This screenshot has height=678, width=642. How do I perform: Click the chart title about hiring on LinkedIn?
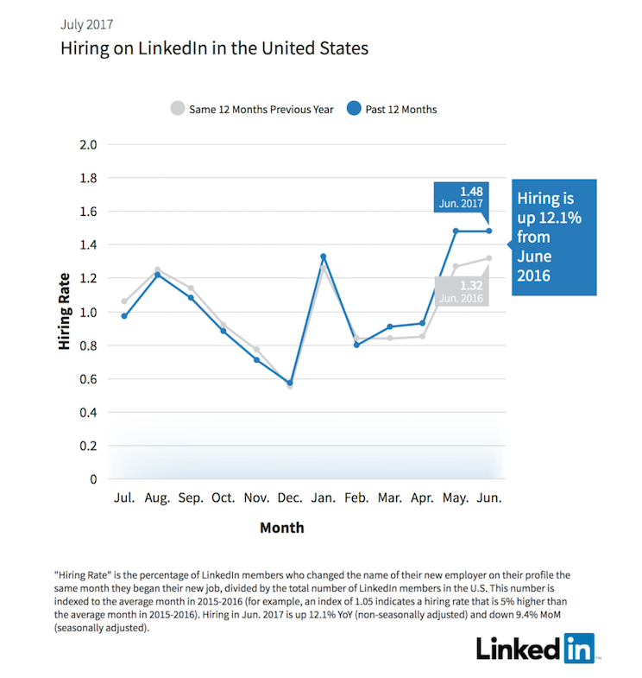click(x=214, y=48)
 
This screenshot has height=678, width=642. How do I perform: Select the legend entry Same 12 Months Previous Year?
click(x=251, y=109)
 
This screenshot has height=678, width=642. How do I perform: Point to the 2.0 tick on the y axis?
click(x=88, y=144)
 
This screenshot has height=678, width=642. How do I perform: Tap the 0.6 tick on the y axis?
click(x=88, y=379)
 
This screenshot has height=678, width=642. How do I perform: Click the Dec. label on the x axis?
click(x=289, y=498)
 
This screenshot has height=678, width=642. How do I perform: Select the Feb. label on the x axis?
click(x=356, y=498)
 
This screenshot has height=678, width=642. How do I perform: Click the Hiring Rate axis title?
click(x=65, y=312)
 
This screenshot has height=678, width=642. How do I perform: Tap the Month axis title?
click(x=281, y=527)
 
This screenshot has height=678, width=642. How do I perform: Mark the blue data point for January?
click(x=323, y=257)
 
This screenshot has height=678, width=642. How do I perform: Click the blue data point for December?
click(x=289, y=383)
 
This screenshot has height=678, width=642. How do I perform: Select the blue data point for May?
click(x=456, y=231)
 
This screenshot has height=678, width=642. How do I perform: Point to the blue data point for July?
click(x=124, y=316)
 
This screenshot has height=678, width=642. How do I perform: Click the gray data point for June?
click(x=488, y=258)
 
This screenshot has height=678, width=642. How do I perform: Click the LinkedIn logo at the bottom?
click(x=535, y=646)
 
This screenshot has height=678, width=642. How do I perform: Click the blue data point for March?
click(x=389, y=326)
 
